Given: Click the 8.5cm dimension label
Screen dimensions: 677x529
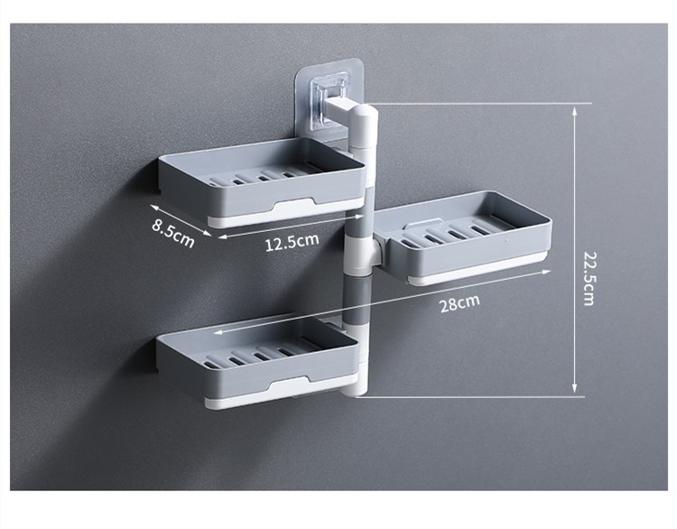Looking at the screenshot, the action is click(x=173, y=233).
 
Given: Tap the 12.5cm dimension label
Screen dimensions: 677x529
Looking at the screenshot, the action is click(x=292, y=241).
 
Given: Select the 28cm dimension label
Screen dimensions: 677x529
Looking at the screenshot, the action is click(x=459, y=302).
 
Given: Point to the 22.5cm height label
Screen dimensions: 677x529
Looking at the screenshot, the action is click(x=589, y=278).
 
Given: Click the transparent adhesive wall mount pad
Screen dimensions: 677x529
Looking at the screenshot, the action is click(x=329, y=100).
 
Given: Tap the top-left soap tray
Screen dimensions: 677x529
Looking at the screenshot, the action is click(x=262, y=182).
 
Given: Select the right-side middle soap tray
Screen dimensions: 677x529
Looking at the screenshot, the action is click(x=462, y=237).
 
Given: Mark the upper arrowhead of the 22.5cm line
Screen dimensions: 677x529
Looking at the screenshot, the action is click(x=574, y=111).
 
